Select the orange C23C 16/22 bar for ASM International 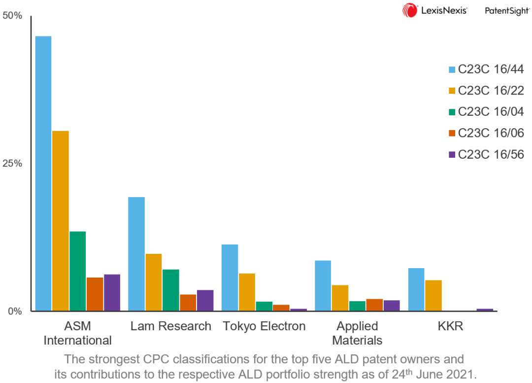point(61,221)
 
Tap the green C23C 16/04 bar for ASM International point(77,271)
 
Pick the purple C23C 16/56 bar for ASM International point(112,292)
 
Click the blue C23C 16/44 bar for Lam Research point(136,254)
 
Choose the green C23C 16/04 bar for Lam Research point(170,290)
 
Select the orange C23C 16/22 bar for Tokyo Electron point(247,292)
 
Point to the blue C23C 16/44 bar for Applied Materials point(323,285)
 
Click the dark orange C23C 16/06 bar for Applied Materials point(374,305)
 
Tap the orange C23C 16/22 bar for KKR point(433,295)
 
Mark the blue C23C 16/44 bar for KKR point(416,289)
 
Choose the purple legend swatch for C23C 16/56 point(452,155)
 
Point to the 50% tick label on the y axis point(13,16)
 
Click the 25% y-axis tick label point(13,164)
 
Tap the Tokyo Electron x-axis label point(264,326)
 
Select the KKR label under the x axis point(450,326)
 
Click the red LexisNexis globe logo point(410,10)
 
